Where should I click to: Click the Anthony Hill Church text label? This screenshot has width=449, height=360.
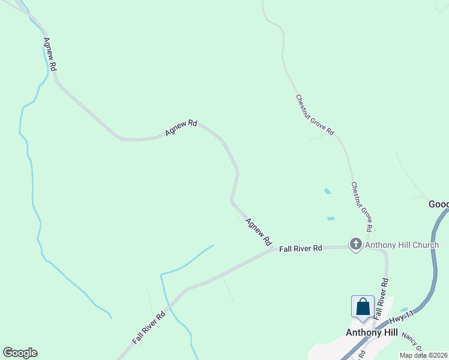point(402,245)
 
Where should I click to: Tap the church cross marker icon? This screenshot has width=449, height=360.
point(356,244)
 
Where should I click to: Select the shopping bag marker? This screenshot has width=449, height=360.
point(363,307)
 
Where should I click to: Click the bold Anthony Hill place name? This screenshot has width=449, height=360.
point(372,332)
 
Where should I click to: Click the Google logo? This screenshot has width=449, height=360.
point(20,353)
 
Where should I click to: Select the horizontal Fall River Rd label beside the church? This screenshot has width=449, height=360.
point(301,248)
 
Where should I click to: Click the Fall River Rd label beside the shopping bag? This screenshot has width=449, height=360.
point(380,298)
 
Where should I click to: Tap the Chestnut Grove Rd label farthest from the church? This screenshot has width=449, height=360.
point(315,115)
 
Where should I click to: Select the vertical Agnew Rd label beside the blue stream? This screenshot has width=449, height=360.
point(49,55)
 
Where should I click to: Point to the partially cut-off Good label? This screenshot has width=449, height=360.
point(439,204)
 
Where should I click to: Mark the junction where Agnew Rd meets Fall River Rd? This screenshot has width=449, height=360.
point(273,248)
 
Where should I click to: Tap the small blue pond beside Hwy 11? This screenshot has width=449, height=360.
point(403,310)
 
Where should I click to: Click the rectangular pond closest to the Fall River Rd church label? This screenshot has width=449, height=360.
point(331,218)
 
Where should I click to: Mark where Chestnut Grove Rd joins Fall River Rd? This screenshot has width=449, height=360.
point(367,245)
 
